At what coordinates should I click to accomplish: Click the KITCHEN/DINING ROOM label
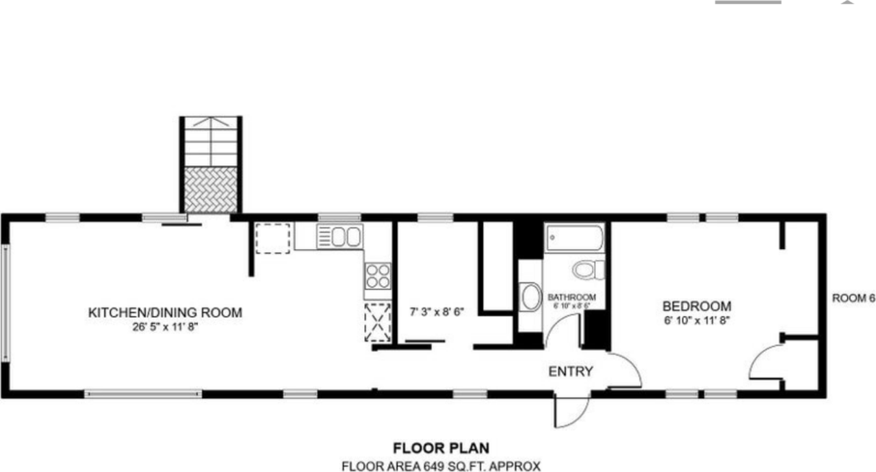165,313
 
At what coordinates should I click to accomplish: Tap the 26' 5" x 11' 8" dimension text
165,327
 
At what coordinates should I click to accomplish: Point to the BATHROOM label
571,297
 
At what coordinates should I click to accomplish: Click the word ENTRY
570,371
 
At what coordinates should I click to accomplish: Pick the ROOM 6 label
853,298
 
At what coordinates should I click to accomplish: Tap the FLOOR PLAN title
441,449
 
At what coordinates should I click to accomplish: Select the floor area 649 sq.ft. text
441,467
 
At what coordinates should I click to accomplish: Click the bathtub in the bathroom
575,239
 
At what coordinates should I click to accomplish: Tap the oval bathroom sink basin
530,298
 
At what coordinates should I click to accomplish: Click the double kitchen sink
339,237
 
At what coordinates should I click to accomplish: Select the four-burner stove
378,276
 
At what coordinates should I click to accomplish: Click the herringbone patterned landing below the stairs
211,189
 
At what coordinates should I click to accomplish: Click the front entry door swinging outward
572,412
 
